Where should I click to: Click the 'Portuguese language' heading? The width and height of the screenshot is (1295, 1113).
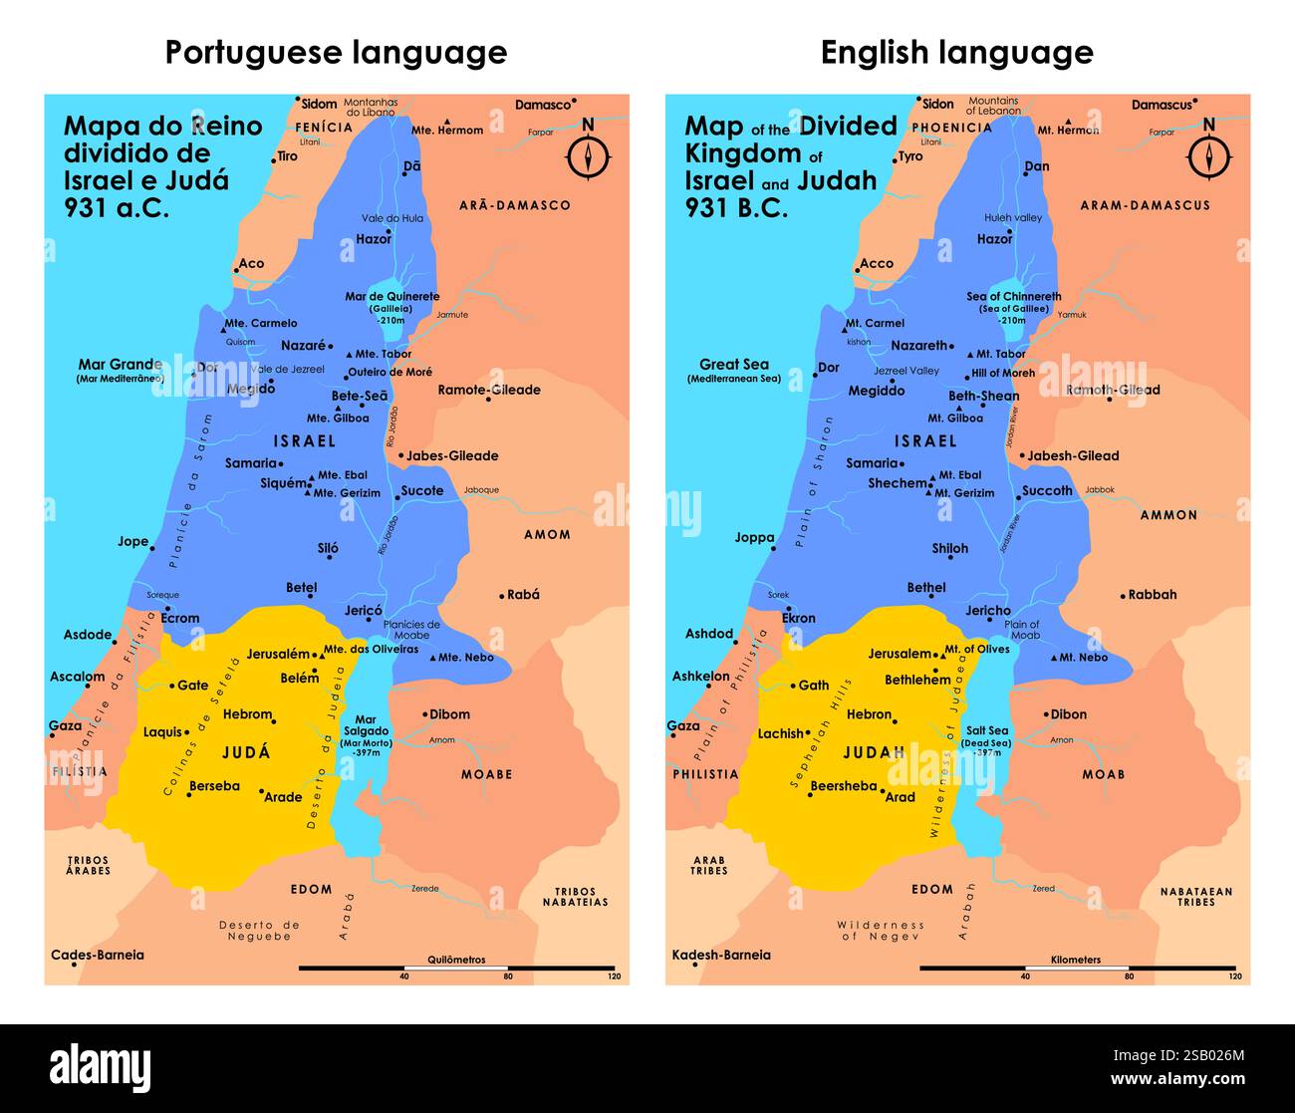point(336,52)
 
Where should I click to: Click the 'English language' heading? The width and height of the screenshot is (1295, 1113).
point(956,52)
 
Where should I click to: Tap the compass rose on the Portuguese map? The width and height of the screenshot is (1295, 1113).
point(588,155)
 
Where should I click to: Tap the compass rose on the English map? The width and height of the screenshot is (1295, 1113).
point(1208,155)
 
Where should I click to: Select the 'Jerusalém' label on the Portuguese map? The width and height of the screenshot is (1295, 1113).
point(279,654)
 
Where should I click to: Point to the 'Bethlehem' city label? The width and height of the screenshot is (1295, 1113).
point(917,680)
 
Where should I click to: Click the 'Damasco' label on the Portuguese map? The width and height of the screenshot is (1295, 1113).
point(543,105)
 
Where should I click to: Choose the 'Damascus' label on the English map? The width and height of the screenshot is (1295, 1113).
point(1162,105)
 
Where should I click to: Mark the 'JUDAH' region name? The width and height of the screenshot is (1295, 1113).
point(874,752)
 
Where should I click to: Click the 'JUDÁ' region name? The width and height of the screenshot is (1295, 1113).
point(246,752)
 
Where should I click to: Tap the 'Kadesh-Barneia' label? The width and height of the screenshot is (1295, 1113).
point(721,955)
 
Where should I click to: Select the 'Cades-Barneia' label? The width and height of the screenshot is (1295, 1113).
point(98,955)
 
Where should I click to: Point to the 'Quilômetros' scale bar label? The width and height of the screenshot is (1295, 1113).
point(456,960)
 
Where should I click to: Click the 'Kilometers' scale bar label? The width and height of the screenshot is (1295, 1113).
point(1076,960)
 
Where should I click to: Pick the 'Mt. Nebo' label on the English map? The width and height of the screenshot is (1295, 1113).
point(1083,658)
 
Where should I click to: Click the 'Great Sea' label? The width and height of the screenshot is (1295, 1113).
point(734,365)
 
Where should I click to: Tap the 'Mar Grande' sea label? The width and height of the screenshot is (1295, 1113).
point(121,365)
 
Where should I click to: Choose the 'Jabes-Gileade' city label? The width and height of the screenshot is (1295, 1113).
point(452,455)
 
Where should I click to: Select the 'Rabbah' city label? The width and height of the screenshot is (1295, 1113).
point(1152,594)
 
